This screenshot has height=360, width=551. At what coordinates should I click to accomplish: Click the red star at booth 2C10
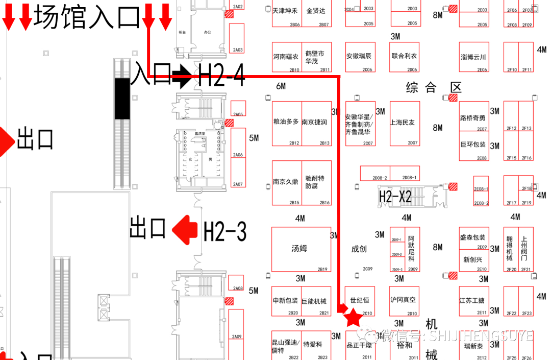pyautogui.click(x=353, y=318)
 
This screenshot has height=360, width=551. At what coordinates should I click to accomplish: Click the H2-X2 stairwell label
pyautogui.click(x=395, y=196)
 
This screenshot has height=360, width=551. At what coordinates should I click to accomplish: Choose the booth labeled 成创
pyautogui.click(x=359, y=249)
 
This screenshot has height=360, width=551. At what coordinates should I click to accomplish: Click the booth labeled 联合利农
pyautogui.click(x=405, y=57)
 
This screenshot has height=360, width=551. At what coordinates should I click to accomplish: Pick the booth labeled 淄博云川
pyautogui.click(x=473, y=57)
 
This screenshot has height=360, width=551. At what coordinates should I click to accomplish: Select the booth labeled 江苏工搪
pyautogui.click(x=473, y=301)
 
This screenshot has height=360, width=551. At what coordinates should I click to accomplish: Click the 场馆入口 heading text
pyautogui.click(x=87, y=17)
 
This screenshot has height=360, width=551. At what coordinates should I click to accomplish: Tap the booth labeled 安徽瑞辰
pyautogui.click(x=360, y=57)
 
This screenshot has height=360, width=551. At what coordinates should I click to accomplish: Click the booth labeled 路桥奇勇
pyautogui.click(x=473, y=118)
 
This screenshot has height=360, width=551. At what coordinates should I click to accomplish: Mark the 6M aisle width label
pyautogui.click(x=281, y=86)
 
